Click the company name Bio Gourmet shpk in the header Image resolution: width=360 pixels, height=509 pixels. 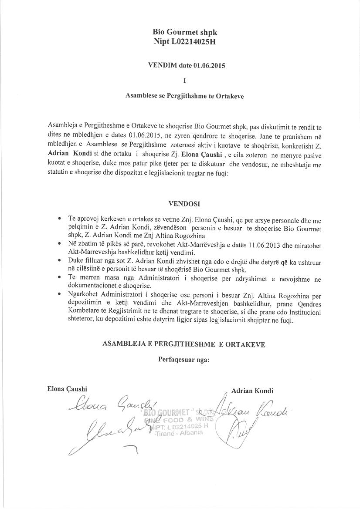[x=184, y=32]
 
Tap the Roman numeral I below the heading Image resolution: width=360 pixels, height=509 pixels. [x=185, y=81]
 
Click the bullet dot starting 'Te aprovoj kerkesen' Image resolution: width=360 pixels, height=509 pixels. [x=59, y=217]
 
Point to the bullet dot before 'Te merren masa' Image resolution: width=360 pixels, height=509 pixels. [x=59, y=279]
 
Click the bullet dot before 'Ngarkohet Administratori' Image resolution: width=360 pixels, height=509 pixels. [x=59, y=295]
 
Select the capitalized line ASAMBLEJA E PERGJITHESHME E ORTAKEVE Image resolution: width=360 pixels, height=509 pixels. [x=183, y=344]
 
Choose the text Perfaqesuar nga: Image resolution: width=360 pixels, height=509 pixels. [x=184, y=360]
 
